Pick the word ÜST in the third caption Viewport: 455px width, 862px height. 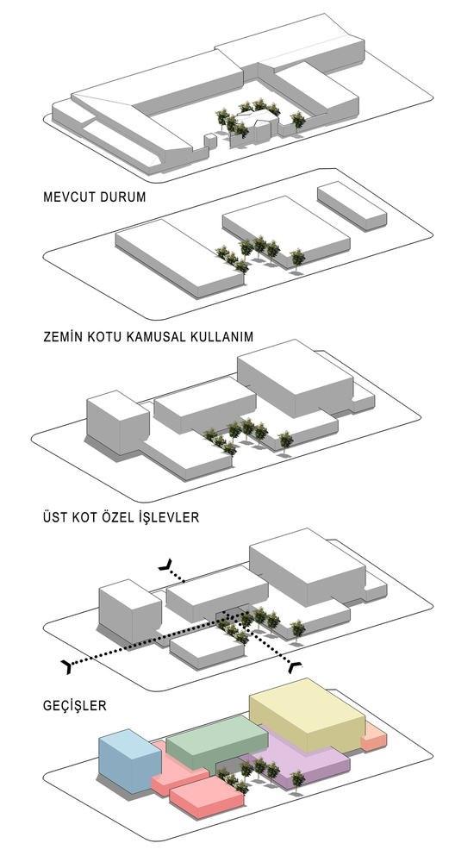coord(55,516)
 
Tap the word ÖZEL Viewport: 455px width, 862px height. coord(113,516)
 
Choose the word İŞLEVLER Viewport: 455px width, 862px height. coord(165,516)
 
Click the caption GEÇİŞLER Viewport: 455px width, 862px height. coord(75,705)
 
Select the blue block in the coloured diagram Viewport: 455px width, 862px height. coord(129,760)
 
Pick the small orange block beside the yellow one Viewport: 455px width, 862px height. coord(374,737)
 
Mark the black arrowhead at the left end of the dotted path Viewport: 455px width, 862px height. coord(67,666)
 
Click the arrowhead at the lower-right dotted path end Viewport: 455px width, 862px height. coord(296,665)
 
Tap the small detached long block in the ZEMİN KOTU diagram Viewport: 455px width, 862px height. coord(352,206)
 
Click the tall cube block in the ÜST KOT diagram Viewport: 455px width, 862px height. coord(117,422)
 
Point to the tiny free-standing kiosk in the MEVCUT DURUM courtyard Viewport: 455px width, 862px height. coord(209,141)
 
